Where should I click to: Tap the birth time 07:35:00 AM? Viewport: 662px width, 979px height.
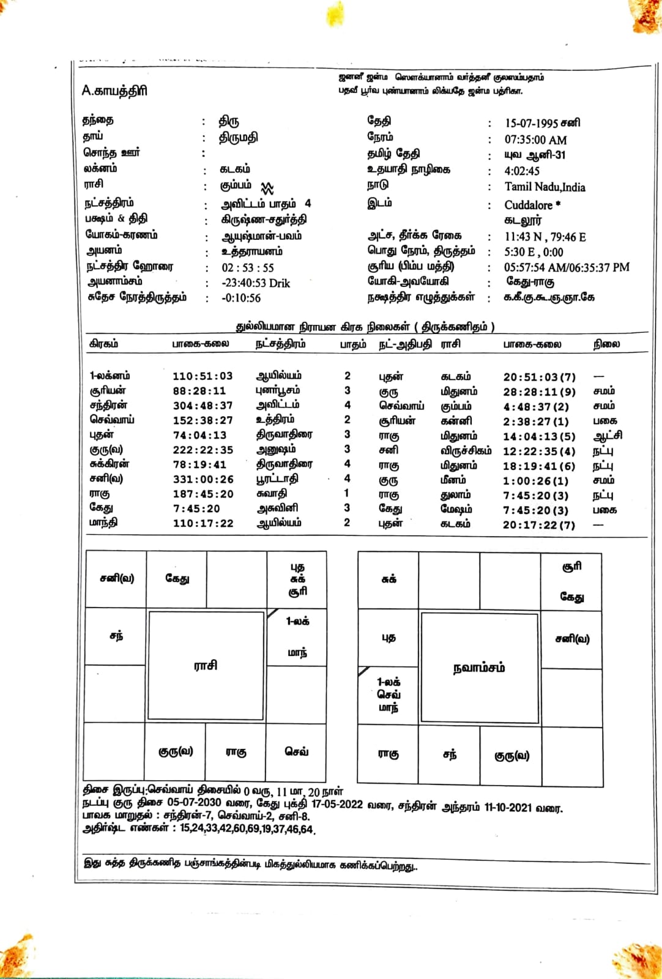click(x=535, y=140)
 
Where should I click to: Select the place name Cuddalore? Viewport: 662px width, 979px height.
click(x=528, y=205)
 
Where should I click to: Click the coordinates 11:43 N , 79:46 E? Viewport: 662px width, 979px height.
click(x=545, y=236)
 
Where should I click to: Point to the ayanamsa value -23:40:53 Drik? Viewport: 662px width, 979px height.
click(x=255, y=283)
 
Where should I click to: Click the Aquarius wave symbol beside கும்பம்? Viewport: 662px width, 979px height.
click(x=267, y=187)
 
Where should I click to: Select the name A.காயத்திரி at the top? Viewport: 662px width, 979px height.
click(x=114, y=91)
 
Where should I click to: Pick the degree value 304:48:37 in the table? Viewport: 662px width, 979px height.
click(x=203, y=406)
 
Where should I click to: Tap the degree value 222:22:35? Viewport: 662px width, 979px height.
click(x=203, y=450)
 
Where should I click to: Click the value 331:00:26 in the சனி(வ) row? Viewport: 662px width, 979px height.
click(x=203, y=479)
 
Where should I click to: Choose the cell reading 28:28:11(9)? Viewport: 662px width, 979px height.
click(x=539, y=392)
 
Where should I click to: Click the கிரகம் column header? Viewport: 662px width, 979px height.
click(x=104, y=344)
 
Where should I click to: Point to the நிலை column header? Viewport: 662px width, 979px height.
click(x=606, y=344)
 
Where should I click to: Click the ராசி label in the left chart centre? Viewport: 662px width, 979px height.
click(x=205, y=665)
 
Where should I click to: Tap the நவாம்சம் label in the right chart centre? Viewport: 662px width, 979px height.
click(x=479, y=668)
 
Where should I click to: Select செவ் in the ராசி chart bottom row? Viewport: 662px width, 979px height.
click(x=297, y=751)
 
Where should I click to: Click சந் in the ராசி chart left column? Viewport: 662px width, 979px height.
click(x=116, y=636)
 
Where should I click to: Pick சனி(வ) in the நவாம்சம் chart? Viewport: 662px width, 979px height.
click(x=572, y=639)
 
